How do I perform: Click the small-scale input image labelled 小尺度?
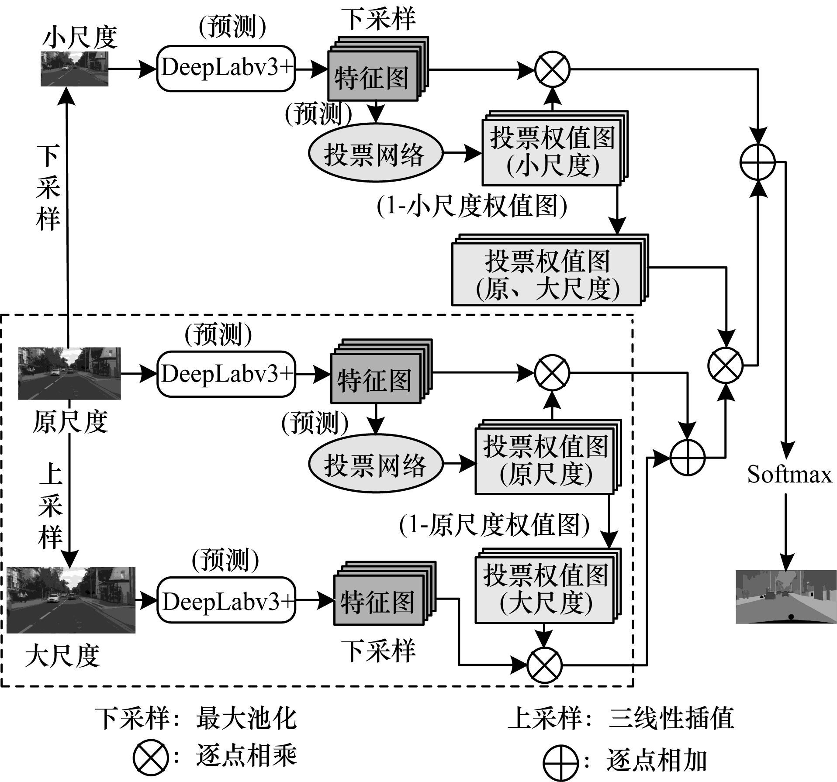pos(74,69)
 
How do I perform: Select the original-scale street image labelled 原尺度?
pos(69,373)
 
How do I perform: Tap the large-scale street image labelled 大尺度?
pos(71,599)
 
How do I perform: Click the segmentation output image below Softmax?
pos(785,596)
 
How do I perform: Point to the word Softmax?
pos(789,474)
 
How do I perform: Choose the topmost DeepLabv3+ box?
pos(226,69)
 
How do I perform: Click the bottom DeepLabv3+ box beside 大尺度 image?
pos(226,600)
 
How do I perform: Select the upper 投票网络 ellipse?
pos(375,154)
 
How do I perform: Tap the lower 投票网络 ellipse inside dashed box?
pos(375,464)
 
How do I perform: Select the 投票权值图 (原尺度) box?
pos(545,460)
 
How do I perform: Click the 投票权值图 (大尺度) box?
pos(545,588)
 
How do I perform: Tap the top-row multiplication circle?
pos(553,69)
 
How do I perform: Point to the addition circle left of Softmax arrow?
pos(758,162)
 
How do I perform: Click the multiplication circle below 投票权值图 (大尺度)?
pos(544,665)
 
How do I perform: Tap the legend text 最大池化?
pos(246,718)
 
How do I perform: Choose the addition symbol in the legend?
pos(560,762)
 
